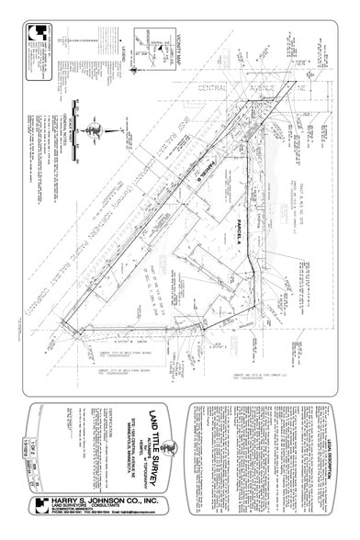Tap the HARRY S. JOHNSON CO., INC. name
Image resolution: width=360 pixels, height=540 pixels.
coord(96,501)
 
